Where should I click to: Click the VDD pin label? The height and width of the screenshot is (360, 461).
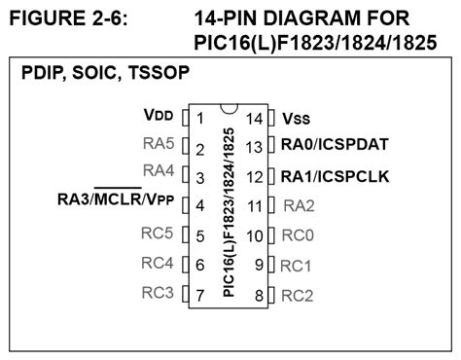158,115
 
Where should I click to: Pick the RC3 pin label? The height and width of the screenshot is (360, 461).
159,291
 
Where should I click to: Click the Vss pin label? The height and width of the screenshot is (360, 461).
298,119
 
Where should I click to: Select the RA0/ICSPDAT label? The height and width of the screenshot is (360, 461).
335,145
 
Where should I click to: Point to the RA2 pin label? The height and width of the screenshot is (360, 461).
300,205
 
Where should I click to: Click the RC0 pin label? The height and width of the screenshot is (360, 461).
300,234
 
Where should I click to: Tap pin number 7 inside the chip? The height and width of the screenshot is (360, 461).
199,294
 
